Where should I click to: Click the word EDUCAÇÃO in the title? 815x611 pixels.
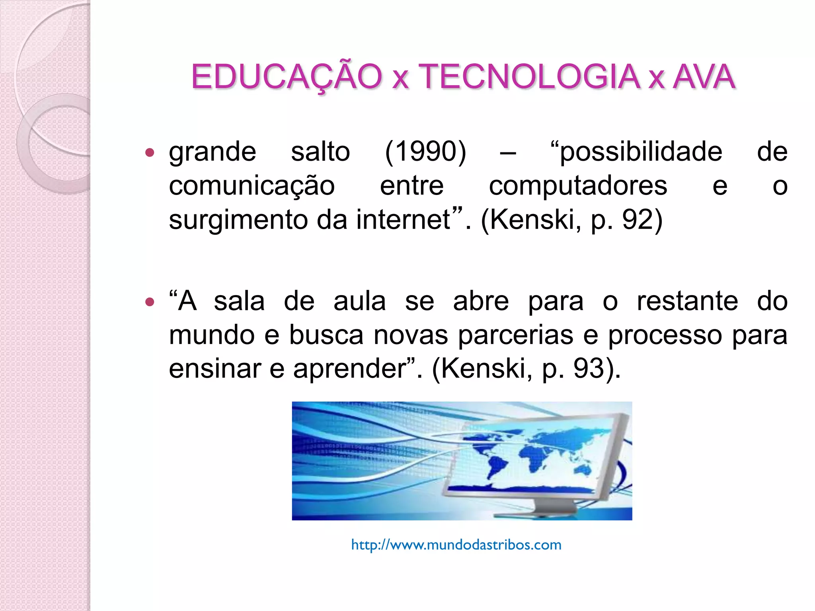(x=287, y=76)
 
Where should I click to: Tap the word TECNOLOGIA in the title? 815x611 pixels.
(x=529, y=76)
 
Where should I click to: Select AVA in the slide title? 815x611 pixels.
(x=704, y=76)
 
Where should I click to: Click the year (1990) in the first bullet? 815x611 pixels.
(x=425, y=152)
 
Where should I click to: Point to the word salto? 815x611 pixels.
(x=320, y=152)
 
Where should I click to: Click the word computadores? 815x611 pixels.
(x=578, y=186)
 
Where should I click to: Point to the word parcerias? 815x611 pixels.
(x=515, y=335)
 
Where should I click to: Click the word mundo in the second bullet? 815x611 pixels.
(x=212, y=335)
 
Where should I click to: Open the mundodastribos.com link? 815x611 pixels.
(x=456, y=545)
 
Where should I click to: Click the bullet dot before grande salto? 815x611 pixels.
(x=150, y=152)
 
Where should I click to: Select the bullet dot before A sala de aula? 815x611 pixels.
(x=150, y=302)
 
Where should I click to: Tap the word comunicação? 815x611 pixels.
(x=252, y=186)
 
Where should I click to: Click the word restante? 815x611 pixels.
(x=687, y=301)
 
